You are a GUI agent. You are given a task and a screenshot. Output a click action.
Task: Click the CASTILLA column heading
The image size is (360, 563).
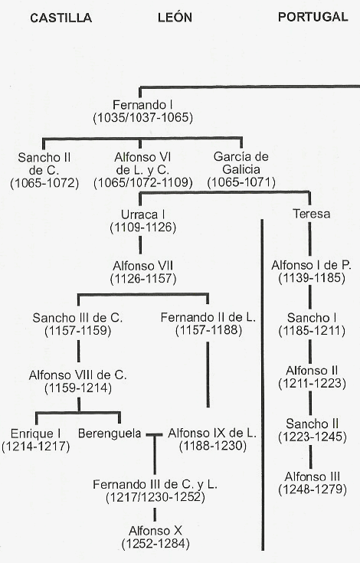[x=61, y=18]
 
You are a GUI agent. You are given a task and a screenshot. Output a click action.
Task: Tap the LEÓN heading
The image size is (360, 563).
[x=175, y=17]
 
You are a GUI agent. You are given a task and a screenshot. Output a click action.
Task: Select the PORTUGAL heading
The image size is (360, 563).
[x=313, y=17]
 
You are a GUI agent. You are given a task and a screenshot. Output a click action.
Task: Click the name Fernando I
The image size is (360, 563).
[x=142, y=105]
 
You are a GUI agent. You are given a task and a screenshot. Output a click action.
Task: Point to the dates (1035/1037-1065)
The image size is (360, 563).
[x=143, y=118]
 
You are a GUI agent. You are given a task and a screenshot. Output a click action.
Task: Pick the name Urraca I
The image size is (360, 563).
[x=143, y=214]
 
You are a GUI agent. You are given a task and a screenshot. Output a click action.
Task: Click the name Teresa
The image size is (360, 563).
[x=312, y=214]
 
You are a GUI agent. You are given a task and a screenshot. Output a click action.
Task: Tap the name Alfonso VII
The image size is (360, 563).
[x=143, y=266]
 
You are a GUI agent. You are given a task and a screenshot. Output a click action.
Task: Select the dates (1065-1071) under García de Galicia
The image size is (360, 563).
[x=241, y=182]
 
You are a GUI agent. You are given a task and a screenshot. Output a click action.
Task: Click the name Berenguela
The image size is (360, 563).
[x=110, y=434]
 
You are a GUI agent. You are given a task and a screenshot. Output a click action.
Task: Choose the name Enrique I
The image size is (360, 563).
[x=35, y=434]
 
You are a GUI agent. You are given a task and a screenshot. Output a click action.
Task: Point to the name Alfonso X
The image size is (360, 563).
[x=155, y=531]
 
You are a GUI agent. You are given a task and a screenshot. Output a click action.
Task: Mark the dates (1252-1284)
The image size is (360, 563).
[x=155, y=544]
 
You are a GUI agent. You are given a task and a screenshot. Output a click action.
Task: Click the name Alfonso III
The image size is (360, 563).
[x=312, y=476]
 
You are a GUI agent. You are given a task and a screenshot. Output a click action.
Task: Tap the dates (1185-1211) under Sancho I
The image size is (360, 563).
[x=312, y=331]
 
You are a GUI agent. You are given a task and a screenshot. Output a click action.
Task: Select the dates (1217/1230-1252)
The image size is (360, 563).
[x=155, y=497]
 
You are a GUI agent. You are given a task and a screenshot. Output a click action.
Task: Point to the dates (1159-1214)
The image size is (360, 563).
[x=78, y=388]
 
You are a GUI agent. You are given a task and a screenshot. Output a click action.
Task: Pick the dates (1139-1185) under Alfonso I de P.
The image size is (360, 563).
[x=312, y=278]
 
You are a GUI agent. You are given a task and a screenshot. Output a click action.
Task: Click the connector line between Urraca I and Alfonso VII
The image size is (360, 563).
[x=140, y=245]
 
